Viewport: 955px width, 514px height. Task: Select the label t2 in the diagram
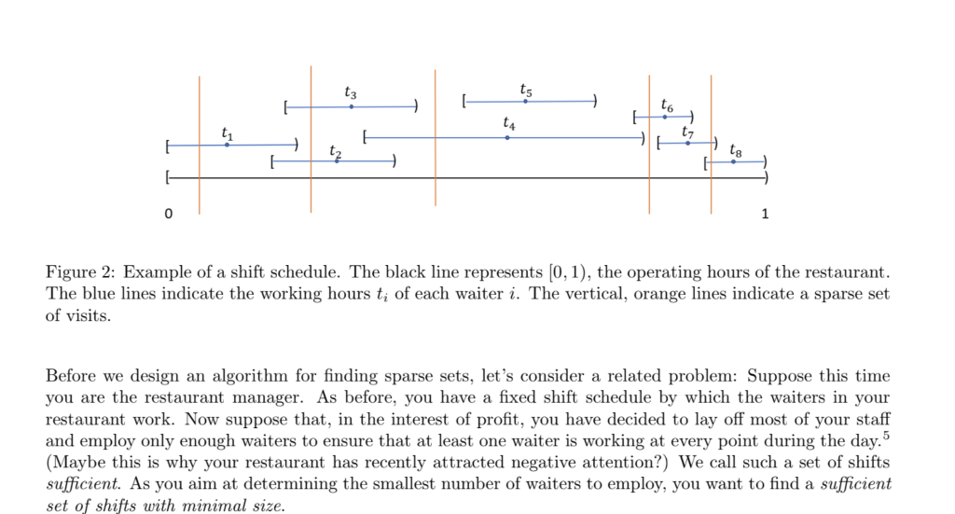(336, 152)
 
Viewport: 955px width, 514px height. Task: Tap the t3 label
(350, 92)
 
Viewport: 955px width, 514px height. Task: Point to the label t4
(507, 123)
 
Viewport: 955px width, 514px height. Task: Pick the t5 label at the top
(526, 90)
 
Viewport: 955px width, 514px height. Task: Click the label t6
(666, 104)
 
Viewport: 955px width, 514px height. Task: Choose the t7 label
(687, 132)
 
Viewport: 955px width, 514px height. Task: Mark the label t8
(736, 150)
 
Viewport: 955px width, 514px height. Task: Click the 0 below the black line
(168, 215)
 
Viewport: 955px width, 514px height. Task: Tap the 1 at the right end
(766, 215)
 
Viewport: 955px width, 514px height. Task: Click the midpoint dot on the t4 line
(506, 138)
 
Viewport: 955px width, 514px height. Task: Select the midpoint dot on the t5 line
(526, 101)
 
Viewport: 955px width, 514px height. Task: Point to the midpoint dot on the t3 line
(351, 107)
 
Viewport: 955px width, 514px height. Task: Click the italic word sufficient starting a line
(77, 484)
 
